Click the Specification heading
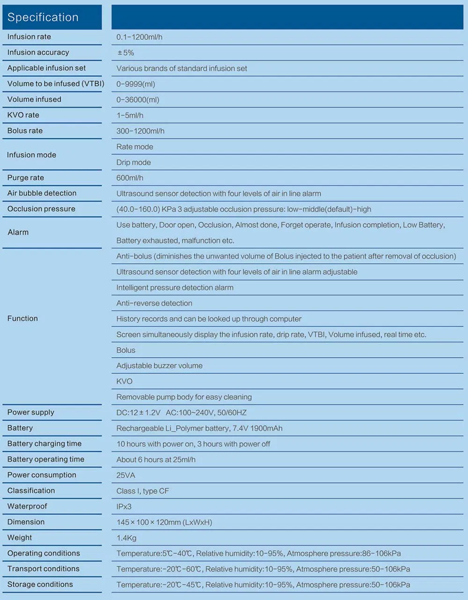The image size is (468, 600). click(x=43, y=17)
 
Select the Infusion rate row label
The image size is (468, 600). click(x=29, y=37)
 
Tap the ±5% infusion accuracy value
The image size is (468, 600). click(x=125, y=53)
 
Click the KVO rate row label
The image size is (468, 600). click(x=23, y=115)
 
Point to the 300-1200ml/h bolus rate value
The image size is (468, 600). click(x=140, y=131)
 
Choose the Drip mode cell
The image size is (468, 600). click(x=133, y=163)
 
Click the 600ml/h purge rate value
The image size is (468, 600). click(x=130, y=178)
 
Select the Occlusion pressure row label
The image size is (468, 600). click(x=41, y=209)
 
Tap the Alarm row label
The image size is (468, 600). click(x=18, y=232)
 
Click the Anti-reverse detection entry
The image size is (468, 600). click(x=154, y=304)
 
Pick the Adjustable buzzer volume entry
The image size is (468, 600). click(x=159, y=366)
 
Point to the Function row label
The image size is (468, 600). click(x=22, y=319)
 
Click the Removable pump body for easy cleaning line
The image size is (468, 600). click(x=184, y=397)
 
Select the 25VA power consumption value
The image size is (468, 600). click(x=125, y=475)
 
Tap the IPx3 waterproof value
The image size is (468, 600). click(x=124, y=507)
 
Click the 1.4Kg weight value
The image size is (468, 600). click(x=126, y=538)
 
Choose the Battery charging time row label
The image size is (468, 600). click(x=44, y=444)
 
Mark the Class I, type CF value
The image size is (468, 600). click(x=143, y=491)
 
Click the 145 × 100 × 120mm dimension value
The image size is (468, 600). click(x=164, y=522)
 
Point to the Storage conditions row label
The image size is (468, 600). click(x=40, y=585)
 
